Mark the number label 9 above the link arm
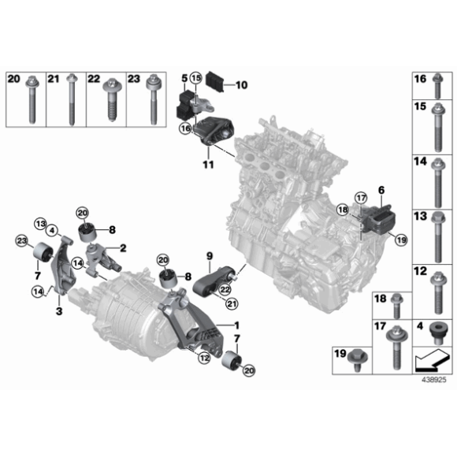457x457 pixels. pyautogui.click(x=210, y=255)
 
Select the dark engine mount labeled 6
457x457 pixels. pyautogui.click(x=381, y=218)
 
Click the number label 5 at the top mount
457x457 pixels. pyautogui.click(x=183, y=80)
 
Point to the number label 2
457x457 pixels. pyautogui.click(x=123, y=247)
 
